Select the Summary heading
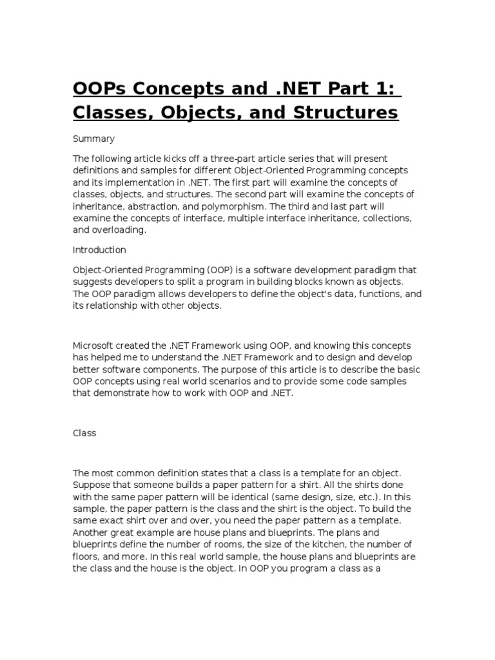tap(93, 139)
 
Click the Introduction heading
tap(99, 249)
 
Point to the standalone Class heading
tap(84, 433)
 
